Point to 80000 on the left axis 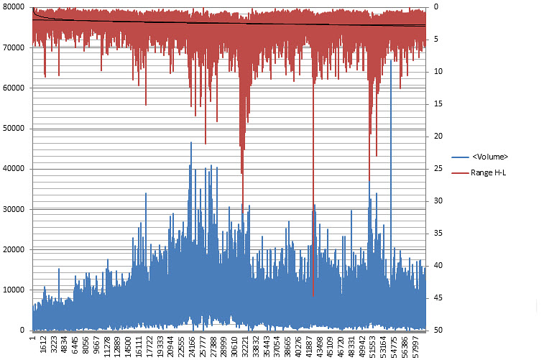click(x=14, y=7)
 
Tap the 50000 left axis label click(x=14, y=128)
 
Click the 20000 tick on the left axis click(x=14, y=249)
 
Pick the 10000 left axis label click(x=14, y=290)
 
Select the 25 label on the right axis click(x=437, y=168)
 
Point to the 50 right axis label click(x=437, y=330)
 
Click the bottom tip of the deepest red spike click(x=313, y=296)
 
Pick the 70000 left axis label click(x=14, y=47)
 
